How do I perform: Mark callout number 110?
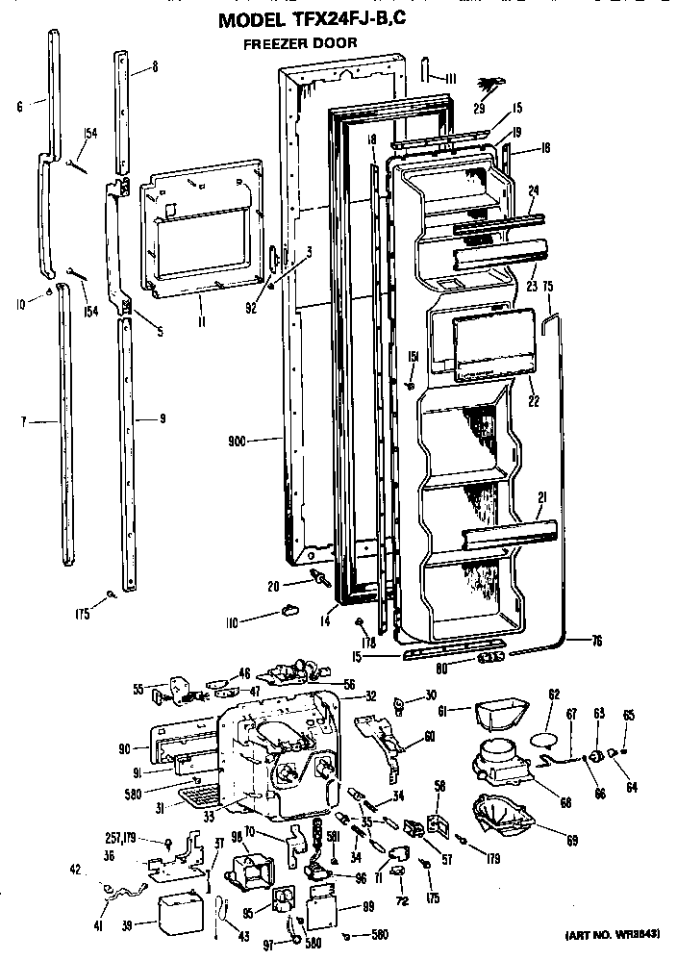(231, 622)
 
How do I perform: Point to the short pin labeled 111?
(424, 74)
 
